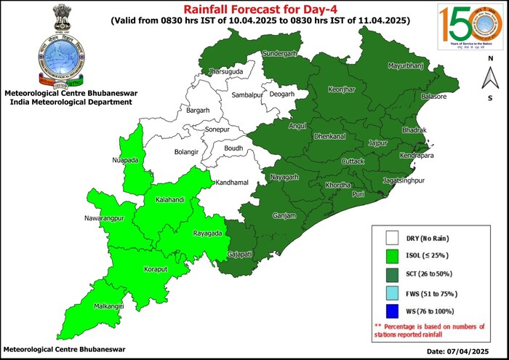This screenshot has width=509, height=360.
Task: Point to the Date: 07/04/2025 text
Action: point(465,351)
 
